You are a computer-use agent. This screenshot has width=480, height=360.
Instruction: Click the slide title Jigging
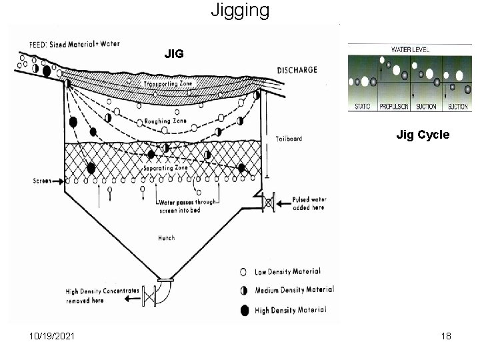point(240,11)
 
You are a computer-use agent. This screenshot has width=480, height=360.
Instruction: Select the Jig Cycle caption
point(423,135)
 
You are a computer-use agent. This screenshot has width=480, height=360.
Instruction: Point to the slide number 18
point(445,336)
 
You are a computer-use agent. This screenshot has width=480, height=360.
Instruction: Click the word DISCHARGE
point(297,70)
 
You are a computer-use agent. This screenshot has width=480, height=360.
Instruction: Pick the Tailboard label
point(288,139)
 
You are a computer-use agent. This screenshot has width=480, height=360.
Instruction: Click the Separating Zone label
point(166,168)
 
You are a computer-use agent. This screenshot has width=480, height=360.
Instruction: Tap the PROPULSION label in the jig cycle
point(393,107)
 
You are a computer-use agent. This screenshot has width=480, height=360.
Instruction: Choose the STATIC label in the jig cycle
point(363,107)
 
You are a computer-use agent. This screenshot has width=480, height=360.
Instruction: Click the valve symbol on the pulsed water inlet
point(269,201)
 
